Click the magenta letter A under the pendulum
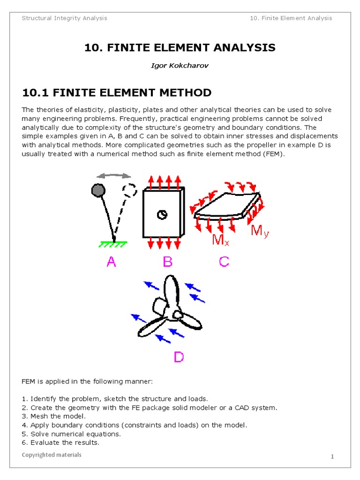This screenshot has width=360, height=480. click(x=111, y=262)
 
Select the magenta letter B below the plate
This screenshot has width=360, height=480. click(x=168, y=262)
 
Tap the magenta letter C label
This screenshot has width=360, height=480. click(x=224, y=262)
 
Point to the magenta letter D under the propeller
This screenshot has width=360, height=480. click(x=179, y=357)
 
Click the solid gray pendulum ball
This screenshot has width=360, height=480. click(x=98, y=190)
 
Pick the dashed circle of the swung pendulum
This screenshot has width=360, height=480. click(x=129, y=190)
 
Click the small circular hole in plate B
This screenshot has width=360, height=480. click(x=162, y=214)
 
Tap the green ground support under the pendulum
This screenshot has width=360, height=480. click(x=113, y=244)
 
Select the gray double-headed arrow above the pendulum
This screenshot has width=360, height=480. click(x=113, y=175)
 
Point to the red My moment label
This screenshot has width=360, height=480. click(x=260, y=231)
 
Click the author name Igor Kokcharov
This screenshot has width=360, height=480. click(x=180, y=65)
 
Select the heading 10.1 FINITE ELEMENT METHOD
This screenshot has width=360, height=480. click(x=117, y=93)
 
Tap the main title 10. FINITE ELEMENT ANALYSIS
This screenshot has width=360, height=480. click(x=180, y=47)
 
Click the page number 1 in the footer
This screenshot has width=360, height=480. click(x=332, y=457)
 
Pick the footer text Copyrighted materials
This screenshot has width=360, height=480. click(x=52, y=455)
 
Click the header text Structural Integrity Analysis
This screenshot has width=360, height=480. click(x=65, y=18)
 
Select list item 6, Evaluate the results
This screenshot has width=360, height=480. click(x=60, y=442)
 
